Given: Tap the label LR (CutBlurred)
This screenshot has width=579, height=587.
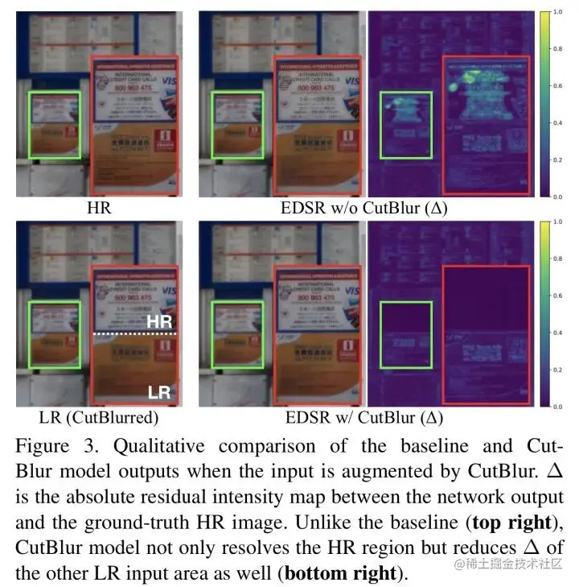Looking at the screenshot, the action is pyautogui.click(x=99, y=418).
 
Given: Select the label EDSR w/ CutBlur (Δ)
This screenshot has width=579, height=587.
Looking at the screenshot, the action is pyautogui.click(x=364, y=418).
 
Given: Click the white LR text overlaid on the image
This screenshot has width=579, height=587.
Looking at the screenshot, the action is pyautogui.click(x=159, y=393).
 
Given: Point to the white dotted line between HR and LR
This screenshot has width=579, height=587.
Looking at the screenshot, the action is pyautogui.click(x=133, y=333).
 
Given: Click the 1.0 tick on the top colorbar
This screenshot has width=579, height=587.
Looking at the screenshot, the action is pyautogui.click(x=566, y=13).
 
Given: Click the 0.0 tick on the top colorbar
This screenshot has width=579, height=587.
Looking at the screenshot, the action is pyautogui.click(x=566, y=196).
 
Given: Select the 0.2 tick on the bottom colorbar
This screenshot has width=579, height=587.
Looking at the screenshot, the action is pyautogui.click(x=566, y=370).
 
